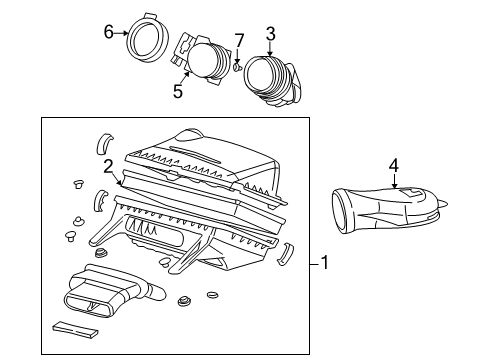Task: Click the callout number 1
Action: pyautogui.click(x=326, y=264)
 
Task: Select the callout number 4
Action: pyautogui.click(x=394, y=165)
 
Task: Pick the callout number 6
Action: pyautogui.click(x=110, y=33)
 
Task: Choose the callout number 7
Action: pyautogui.click(x=238, y=39)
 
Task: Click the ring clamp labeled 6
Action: pyautogui.click(x=146, y=39)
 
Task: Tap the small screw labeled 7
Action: pyautogui.click(x=236, y=67)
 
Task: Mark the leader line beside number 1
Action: pyautogui.click(x=312, y=264)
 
